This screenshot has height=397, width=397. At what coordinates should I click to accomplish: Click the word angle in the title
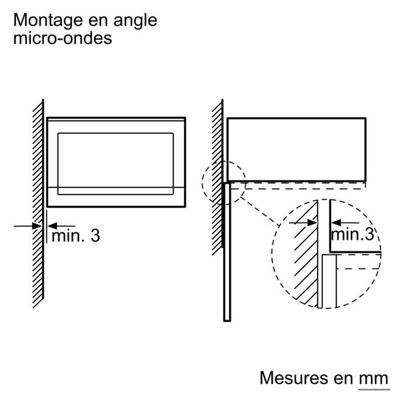pyautogui.click(x=135, y=21)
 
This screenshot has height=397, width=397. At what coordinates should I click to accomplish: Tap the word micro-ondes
pyautogui.click(x=63, y=38)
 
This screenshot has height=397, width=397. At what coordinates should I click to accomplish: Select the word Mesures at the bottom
pyautogui.click(x=294, y=378)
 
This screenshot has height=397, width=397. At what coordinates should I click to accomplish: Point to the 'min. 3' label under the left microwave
pyautogui.click(x=76, y=236)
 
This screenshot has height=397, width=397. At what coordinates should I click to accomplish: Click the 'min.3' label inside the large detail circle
pyautogui.click(x=353, y=234)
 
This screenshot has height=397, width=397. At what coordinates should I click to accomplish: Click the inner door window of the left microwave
pyautogui.click(x=116, y=164)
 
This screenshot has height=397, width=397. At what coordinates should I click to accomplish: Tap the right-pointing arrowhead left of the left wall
pyautogui.click(x=37, y=226)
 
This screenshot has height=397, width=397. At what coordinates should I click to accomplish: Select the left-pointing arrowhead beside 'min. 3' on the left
pyautogui.click(x=53, y=226)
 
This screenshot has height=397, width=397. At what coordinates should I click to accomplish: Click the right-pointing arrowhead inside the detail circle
pyautogui.click(x=312, y=223)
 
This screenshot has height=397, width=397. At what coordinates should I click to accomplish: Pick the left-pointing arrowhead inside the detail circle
pyautogui.click(x=336, y=223)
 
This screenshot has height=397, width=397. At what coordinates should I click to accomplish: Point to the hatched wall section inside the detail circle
pyautogui.click(x=306, y=253)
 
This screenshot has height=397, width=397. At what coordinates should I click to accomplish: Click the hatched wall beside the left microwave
pyautogui.click(x=38, y=204)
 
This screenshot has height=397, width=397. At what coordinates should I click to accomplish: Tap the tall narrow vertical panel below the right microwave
pyautogui.click(x=227, y=252)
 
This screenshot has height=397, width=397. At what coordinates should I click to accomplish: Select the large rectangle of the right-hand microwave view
pyautogui.click(x=297, y=149)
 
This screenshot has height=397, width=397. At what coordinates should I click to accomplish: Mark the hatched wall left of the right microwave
pyautogui.click(x=218, y=177)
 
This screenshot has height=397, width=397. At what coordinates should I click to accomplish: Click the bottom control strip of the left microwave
pyautogui.click(x=116, y=197)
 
